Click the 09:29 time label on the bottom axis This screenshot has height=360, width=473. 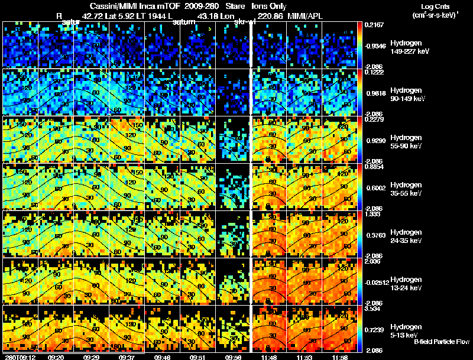point(92,357)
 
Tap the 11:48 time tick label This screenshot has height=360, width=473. point(263,357)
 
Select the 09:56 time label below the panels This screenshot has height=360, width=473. point(234,357)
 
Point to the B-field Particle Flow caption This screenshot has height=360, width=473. point(441,342)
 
